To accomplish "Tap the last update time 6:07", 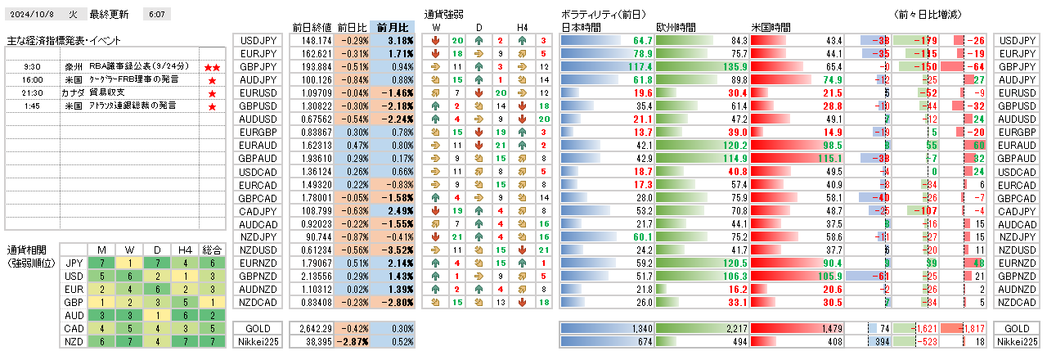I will click(156, 15).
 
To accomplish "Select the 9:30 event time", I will click(33, 66).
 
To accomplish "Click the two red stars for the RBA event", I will click(212, 66).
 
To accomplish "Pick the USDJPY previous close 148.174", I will click(315, 40).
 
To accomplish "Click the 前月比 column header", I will click(393, 26).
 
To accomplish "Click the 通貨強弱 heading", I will click(444, 15).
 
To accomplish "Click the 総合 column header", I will click(212, 249).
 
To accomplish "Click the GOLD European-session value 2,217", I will click(731, 328).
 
